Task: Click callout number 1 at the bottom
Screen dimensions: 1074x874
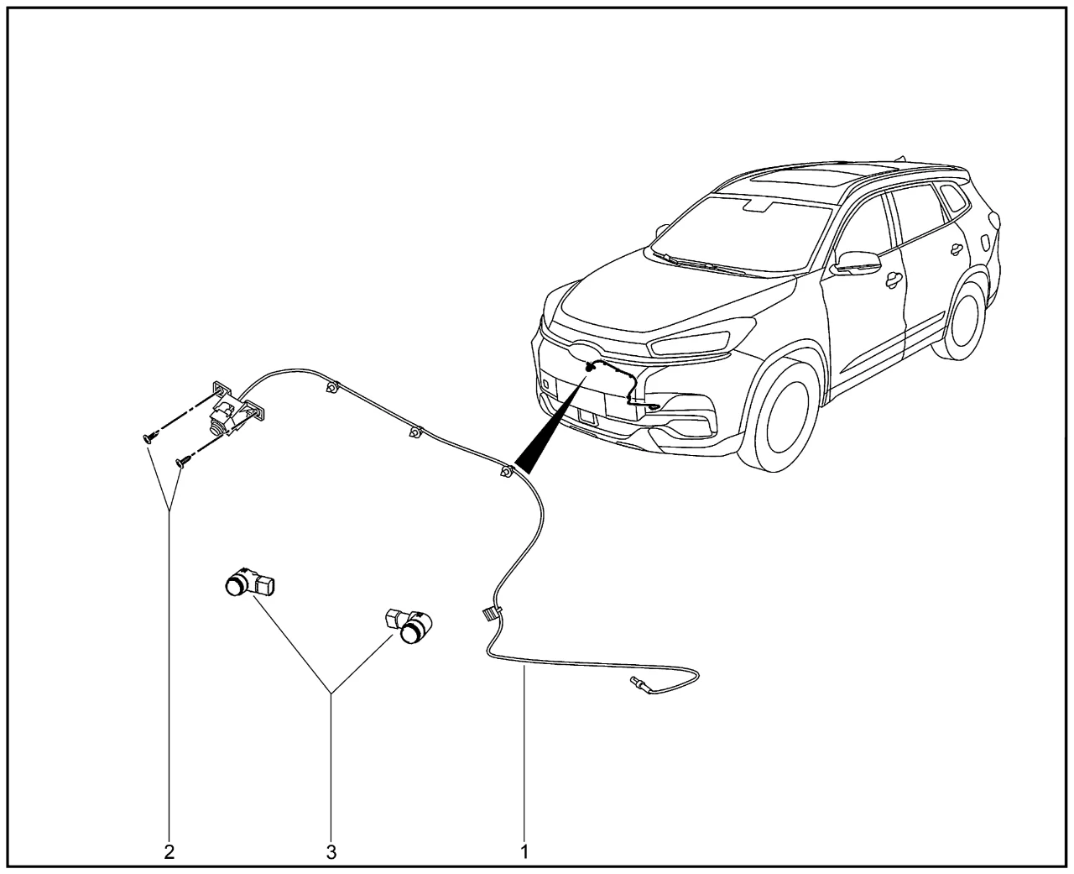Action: coord(524,852)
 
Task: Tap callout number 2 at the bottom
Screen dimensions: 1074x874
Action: coord(169,852)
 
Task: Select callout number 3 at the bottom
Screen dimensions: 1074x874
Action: coord(331,852)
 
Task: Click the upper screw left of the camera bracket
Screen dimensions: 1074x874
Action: coord(147,437)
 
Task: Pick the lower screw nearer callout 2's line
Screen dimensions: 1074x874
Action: coord(181,461)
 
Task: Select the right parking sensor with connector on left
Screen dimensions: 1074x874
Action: coord(410,626)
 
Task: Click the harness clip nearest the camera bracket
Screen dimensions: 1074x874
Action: coord(332,388)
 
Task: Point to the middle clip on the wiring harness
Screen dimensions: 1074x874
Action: coord(416,433)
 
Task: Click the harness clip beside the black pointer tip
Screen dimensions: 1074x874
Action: coord(505,472)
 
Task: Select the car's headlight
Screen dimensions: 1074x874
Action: coord(688,343)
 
